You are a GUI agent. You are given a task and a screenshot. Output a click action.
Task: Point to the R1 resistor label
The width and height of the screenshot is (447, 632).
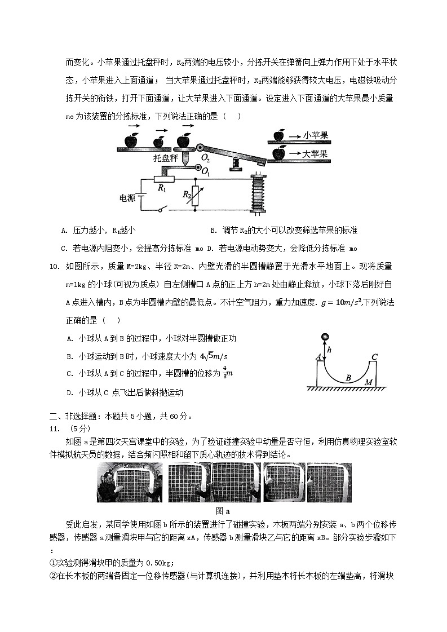click(162, 188)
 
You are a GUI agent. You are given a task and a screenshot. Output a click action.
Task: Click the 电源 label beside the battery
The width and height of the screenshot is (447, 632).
click(127, 198)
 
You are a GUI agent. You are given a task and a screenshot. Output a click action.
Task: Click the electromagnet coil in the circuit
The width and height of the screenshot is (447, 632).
click(259, 193)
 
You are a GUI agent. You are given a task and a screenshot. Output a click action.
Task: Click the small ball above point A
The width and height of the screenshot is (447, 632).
click(324, 337)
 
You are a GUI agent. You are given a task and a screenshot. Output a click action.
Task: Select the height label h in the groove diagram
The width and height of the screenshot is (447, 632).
click(329, 350)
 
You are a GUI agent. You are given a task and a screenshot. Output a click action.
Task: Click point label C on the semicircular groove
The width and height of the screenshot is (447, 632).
click(374, 356)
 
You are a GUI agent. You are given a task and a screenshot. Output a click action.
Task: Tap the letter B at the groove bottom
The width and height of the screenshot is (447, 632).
click(348, 378)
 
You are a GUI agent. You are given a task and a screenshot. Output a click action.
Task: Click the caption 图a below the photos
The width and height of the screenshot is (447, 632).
click(224, 511)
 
